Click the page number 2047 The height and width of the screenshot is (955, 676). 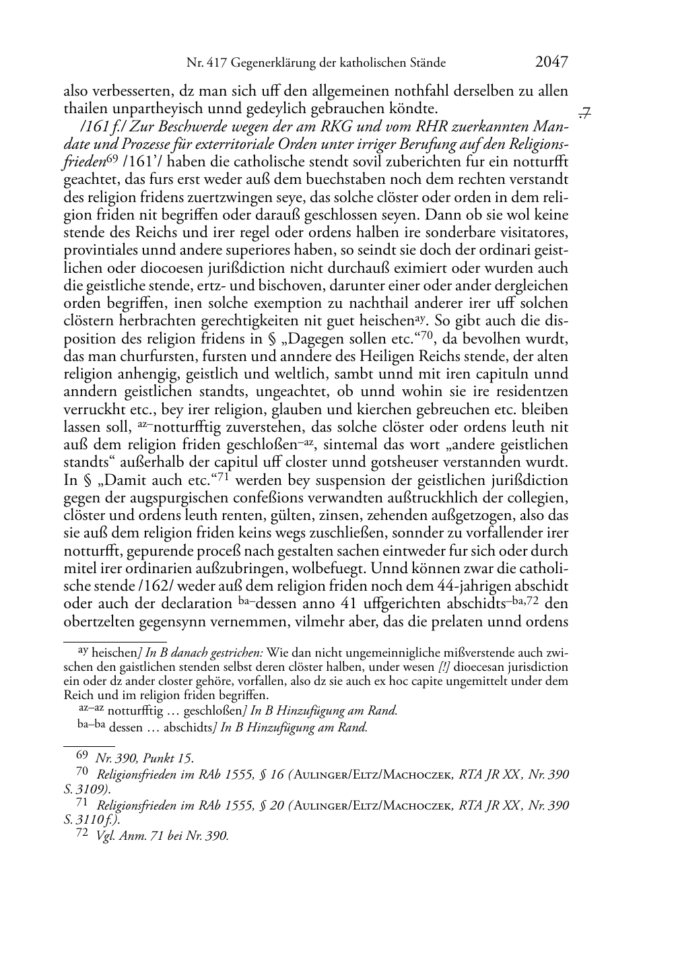pyautogui.click(x=551, y=63)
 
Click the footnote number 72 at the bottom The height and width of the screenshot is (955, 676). pyautogui.click(x=81, y=835)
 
